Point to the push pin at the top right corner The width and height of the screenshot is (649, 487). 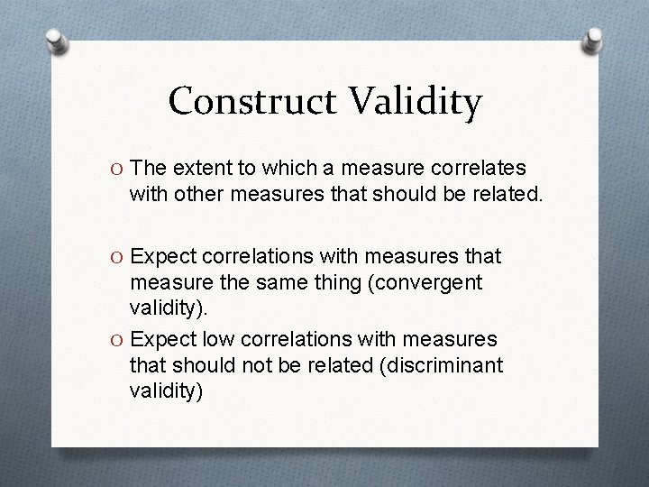(x=596, y=40)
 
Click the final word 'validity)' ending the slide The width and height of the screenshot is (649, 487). (x=167, y=391)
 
